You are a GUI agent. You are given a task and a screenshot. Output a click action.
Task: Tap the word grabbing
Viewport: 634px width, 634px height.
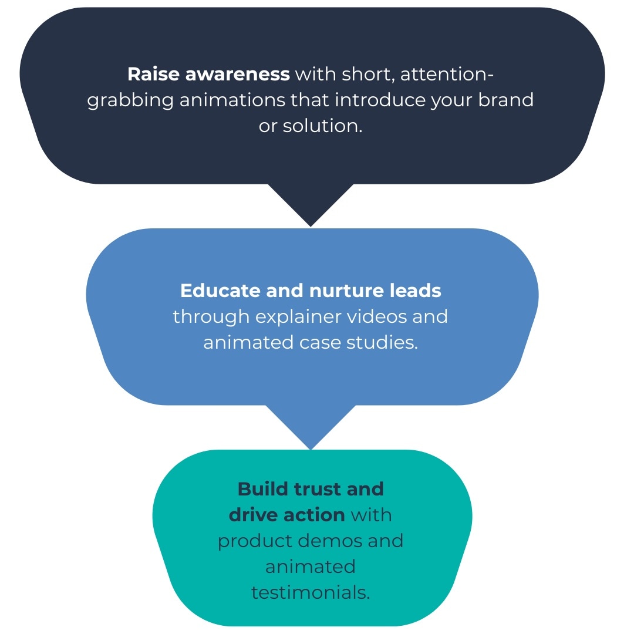point(130,101)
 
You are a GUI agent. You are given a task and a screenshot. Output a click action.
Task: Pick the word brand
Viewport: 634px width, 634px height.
point(506,100)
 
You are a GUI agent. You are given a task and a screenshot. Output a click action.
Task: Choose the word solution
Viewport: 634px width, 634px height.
point(322,126)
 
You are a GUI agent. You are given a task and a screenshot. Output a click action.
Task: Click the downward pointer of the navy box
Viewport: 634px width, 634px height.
point(311,205)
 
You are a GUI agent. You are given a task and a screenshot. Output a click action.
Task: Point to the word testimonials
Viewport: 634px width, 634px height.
point(311,592)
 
